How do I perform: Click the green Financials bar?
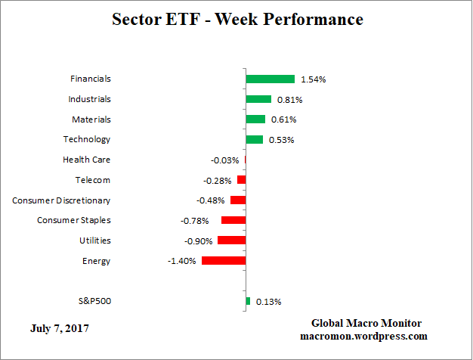(x=270, y=79)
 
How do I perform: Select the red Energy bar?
(x=224, y=260)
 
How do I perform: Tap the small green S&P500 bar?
(x=248, y=301)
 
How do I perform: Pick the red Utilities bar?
(x=231, y=240)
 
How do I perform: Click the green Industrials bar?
(x=258, y=99)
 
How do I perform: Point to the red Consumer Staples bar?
(x=233, y=220)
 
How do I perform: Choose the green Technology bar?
(x=255, y=139)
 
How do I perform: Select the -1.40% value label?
(x=182, y=261)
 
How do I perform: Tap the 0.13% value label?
(x=268, y=302)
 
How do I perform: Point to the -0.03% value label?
(x=225, y=160)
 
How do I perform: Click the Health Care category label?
(x=86, y=160)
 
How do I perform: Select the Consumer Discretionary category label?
(x=61, y=200)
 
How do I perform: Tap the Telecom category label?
(x=92, y=180)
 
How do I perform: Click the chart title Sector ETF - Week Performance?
(x=236, y=19)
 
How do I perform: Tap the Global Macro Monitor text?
(x=366, y=324)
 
